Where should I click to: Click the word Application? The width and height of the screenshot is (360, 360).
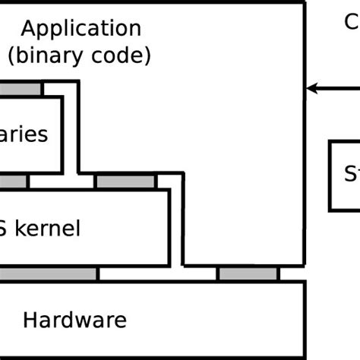[81, 30]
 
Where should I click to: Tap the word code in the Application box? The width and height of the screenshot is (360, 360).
[124, 55]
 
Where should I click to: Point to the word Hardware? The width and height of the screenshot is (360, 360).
[74, 320]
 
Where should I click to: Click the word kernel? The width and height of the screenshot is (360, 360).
[47, 228]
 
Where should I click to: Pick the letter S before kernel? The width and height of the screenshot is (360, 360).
[4, 228]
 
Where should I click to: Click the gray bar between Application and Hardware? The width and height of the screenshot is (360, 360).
[248, 273]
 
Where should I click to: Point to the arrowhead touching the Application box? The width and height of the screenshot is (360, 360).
[310, 89]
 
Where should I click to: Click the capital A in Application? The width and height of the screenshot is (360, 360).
[29, 30]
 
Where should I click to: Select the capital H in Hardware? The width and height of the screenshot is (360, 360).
[30, 320]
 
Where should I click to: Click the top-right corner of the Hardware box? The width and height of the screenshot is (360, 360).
[305, 282]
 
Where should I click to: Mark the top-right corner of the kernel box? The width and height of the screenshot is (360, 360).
[168, 190]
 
